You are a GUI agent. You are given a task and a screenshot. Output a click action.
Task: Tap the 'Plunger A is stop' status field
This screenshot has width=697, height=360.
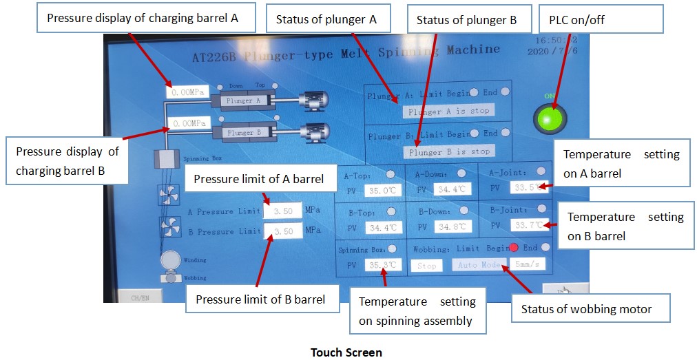[448, 111]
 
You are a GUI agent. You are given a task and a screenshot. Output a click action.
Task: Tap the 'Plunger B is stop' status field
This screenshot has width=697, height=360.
[448, 151]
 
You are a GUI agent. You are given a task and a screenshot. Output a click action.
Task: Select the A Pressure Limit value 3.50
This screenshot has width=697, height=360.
[283, 211]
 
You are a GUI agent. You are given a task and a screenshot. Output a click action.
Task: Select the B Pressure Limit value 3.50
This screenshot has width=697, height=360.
[283, 231]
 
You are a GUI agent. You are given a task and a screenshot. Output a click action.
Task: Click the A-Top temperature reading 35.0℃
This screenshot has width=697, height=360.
[382, 190]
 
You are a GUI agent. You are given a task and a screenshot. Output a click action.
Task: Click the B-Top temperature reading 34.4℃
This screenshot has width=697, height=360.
[382, 227]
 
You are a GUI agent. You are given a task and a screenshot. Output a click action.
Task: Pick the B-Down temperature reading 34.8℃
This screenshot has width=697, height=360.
[453, 226]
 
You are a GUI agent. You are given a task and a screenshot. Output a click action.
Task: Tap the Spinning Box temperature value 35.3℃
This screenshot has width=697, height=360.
[383, 264]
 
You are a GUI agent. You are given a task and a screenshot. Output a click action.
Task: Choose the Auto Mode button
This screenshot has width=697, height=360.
[479, 264]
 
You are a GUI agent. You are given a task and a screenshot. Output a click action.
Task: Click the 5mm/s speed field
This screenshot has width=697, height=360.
[529, 264]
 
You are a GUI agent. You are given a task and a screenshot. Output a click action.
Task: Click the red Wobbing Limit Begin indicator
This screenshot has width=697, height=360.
[513, 247]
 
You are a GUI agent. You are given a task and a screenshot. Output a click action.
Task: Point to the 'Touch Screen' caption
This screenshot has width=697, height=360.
[346, 352]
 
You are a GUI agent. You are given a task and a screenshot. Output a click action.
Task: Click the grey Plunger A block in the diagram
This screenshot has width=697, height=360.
[240, 100]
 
